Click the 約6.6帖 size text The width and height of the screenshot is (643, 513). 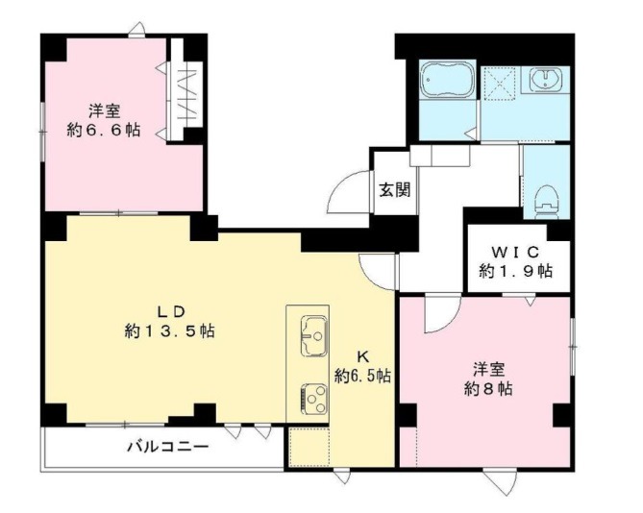(x=103, y=128)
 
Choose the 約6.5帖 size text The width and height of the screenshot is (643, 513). (x=362, y=374)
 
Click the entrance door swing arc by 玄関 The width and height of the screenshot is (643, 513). (x=346, y=196)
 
